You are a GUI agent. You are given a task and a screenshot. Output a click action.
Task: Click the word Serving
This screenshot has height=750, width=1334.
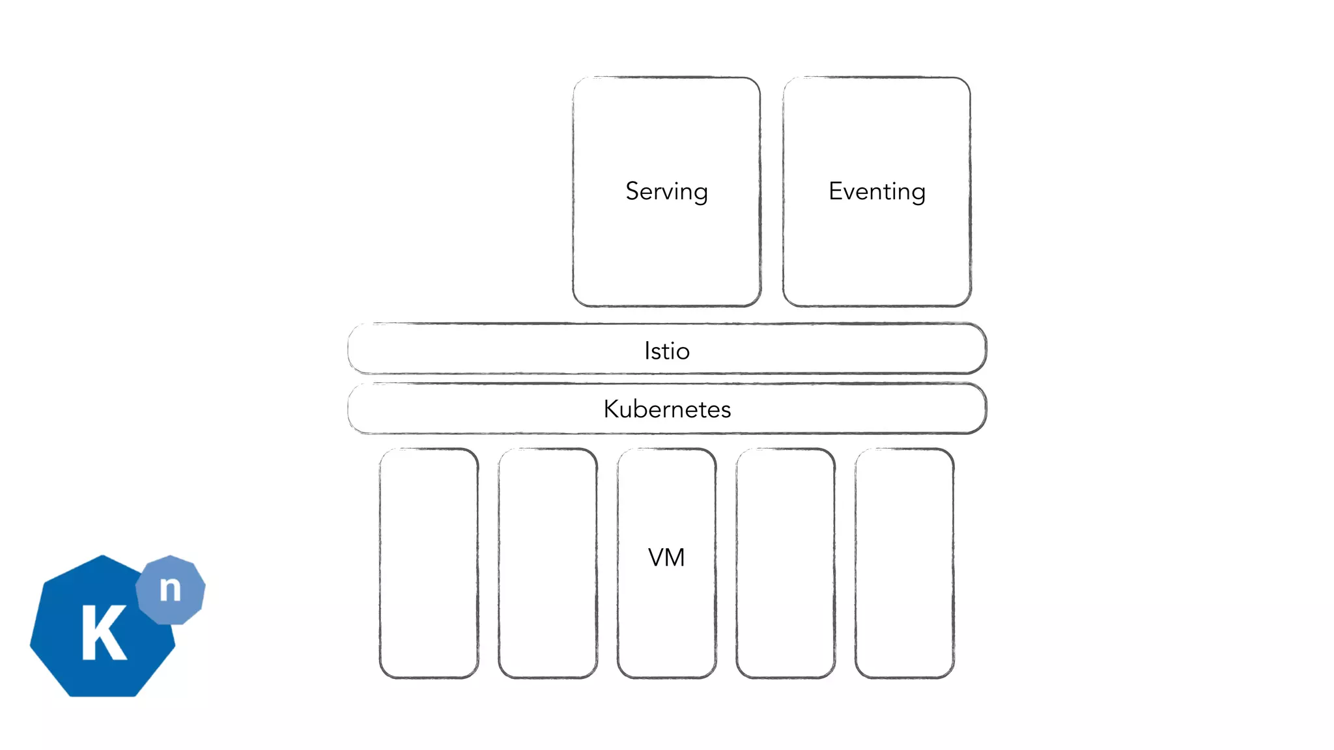pyautogui.click(x=666, y=191)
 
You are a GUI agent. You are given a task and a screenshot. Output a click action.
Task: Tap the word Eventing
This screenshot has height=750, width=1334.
pyautogui.click(x=877, y=191)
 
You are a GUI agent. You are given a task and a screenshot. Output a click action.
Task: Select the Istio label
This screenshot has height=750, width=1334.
pyautogui.click(x=666, y=351)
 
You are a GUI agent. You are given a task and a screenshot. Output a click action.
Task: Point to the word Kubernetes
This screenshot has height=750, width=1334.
pyautogui.click(x=667, y=409)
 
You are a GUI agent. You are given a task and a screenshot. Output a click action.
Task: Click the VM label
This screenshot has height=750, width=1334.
pyautogui.click(x=666, y=558)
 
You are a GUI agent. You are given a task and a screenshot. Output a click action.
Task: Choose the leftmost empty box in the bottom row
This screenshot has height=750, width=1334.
pyautogui.click(x=429, y=563)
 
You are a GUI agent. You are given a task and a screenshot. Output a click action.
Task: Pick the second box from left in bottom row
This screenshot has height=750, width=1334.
pyautogui.click(x=548, y=563)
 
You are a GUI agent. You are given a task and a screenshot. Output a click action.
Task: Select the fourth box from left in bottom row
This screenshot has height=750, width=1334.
pyautogui.click(x=786, y=563)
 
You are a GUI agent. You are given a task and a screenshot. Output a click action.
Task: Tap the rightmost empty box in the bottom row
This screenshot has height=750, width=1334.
pyautogui.click(x=905, y=563)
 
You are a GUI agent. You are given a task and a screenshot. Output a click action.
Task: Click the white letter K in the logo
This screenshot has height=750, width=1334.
pyautogui.click(x=103, y=632)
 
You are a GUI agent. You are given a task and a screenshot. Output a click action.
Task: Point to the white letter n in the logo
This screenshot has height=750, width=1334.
pyautogui.click(x=170, y=589)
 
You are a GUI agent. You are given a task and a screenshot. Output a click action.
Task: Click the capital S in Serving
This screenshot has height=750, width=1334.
pyautogui.click(x=632, y=191)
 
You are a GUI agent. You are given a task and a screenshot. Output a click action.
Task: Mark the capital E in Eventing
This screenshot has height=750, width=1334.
pyautogui.click(x=836, y=191)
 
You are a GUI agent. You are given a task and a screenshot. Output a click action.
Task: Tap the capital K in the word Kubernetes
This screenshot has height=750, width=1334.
pyautogui.click(x=611, y=409)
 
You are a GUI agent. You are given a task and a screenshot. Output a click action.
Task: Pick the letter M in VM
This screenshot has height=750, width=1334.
pyautogui.click(x=675, y=558)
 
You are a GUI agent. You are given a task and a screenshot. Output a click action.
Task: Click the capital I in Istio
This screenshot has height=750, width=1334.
pyautogui.click(x=647, y=351)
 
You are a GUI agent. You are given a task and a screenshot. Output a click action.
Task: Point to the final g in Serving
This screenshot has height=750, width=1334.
pyautogui.click(x=700, y=194)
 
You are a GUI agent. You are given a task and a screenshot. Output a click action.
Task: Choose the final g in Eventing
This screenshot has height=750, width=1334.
pyautogui.click(x=918, y=194)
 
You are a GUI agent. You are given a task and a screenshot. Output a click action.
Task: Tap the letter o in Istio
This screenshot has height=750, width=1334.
pyautogui.click(x=682, y=352)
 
